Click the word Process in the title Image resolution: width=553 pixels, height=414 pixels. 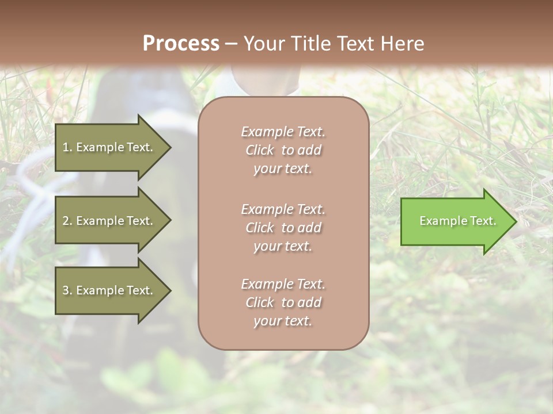[x=181, y=44]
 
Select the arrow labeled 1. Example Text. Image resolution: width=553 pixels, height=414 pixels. [x=109, y=147]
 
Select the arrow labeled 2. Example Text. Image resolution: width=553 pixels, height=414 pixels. [x=109, y=221]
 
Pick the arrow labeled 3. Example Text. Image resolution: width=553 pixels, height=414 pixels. [x=109, y=290]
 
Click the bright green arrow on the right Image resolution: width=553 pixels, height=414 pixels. [x=455, y=221]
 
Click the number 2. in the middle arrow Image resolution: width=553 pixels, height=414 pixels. [x=67, y=221]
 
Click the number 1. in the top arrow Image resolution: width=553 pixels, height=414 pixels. [x=67, y=147]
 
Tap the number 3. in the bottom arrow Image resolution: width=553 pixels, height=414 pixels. [x=67, y=290]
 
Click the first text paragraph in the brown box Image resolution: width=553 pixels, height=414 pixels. [x=283, y=150]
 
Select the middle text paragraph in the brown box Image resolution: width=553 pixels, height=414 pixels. [x=283, y=228]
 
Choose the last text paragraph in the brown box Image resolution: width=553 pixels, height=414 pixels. [x=283, y=302]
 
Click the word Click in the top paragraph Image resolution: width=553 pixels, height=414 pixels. [x=260, y=150]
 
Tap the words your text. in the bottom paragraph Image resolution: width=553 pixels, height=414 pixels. [x=283, y=321]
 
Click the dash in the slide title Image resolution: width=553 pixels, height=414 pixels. [x=232, y=44]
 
